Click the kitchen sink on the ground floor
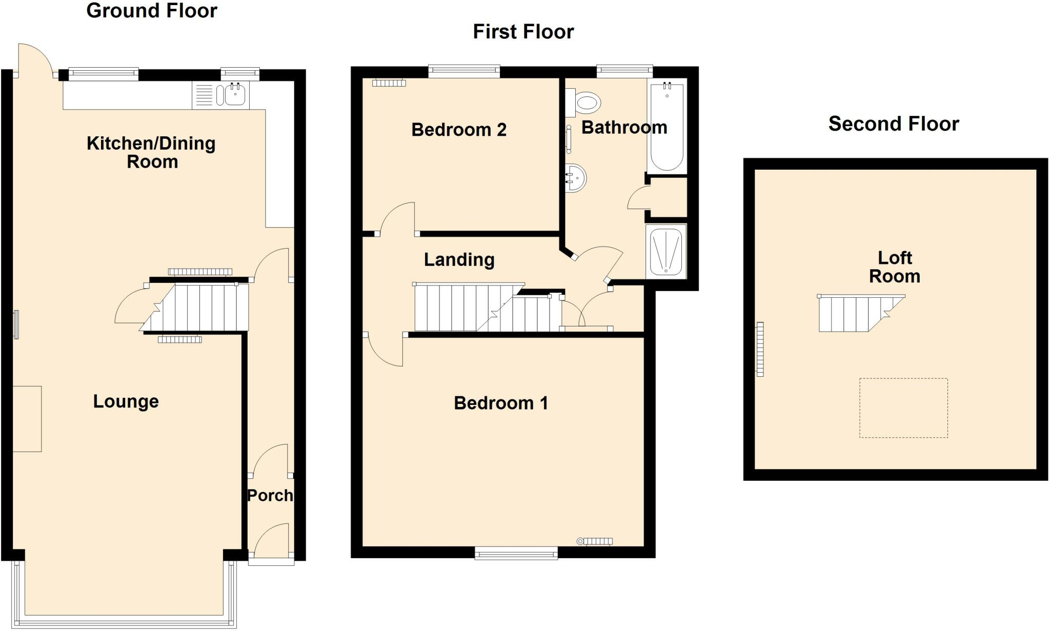point(220,95)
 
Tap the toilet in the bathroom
point(583,103)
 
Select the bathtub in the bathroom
point(667,126)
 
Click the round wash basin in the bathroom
point(575,178)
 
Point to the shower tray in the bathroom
point(666,252)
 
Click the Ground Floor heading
point(152,11)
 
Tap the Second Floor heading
point(894,124)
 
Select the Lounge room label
point(126,401)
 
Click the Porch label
point(270,495)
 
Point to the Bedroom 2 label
point(459,130)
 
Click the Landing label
point(459,260)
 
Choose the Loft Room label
point(895,267)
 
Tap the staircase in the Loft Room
point(861,313)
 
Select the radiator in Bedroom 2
point(389,83)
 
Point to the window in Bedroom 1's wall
point(516,552)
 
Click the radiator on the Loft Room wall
point(760,349)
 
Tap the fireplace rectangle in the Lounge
point(27,419)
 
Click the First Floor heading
point(523,32)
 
